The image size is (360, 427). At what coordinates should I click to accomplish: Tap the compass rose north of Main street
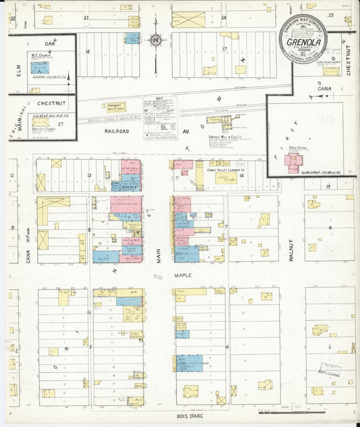(x=155, y=41)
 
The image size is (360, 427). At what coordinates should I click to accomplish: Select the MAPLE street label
(x=182, y=275)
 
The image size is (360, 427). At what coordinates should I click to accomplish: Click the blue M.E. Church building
(x=40, y=68)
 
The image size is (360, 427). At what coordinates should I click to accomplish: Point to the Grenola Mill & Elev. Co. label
(x=226, y=136)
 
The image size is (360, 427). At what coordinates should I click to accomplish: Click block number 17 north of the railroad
(x=224, y=49)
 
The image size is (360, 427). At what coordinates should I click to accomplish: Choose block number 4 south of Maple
(x=226, y=347)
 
